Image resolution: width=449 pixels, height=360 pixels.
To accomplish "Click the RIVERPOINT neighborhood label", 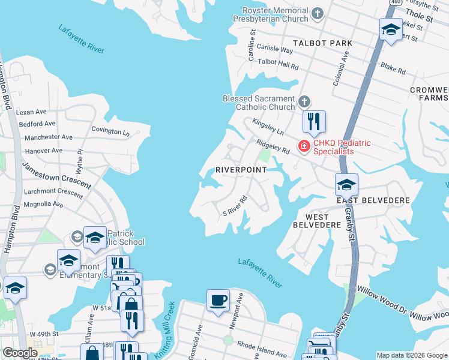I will coord(241,170).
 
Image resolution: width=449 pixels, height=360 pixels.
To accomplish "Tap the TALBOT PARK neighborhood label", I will coord(322,44).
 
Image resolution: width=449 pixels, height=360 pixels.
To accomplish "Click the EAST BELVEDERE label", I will coord(373,200).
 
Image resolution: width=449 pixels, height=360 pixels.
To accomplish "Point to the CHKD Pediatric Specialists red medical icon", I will coord(304,146).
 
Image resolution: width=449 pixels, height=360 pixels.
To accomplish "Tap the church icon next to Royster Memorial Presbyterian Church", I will coord(318,12).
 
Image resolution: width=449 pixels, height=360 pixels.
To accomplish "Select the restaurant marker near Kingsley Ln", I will coord(314,122).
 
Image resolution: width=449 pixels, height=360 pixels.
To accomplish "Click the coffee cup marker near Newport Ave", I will coord(218,299).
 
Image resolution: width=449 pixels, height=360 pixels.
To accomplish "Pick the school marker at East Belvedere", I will coord(346,184).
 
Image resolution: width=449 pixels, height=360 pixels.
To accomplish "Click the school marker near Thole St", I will coord(391,29).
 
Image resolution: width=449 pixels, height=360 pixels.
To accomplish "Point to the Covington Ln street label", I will coord(110,130).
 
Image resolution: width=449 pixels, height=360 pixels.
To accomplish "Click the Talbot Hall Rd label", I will coord(278,64).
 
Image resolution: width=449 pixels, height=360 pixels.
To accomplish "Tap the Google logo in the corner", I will coord(19,353).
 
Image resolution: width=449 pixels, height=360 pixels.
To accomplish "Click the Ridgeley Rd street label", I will coord(273,148).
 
